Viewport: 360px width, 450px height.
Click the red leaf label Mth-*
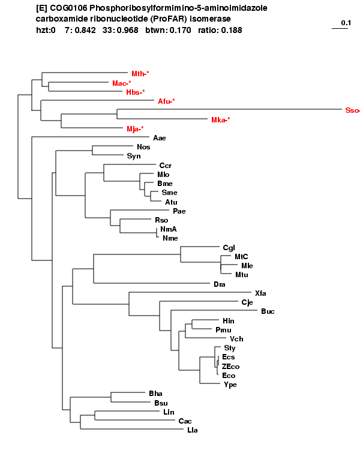coord(140,74)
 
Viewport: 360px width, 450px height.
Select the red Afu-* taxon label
coord(166,101)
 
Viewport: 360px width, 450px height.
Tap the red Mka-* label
coord(220,120)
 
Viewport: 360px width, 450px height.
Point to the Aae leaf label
coord(160,138)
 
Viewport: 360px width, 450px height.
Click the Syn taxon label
coord(134,156)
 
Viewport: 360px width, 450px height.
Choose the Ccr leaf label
coord(166,166)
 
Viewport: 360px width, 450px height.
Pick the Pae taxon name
coord(179,211)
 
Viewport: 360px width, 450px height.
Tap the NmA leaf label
coord(169,229)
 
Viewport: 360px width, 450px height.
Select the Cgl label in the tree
coord(229,248)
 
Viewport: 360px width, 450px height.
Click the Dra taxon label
coord(220,284)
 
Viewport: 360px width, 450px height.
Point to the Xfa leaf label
coord(260,293)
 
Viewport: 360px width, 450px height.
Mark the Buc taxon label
coord(268,311)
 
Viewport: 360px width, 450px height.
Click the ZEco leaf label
coord(230,367)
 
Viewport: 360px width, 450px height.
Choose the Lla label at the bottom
coord(193,430)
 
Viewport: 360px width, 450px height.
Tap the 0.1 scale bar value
coord(346,23)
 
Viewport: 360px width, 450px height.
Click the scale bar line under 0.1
coord(340,28)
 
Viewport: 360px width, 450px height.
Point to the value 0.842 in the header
coord(85,30)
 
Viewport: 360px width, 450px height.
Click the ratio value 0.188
coord(232,30)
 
